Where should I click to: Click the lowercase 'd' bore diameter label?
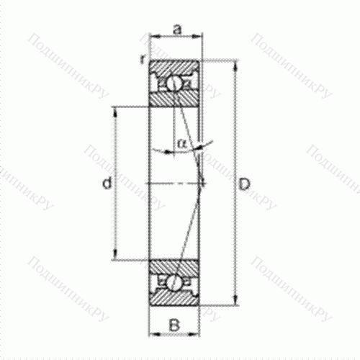(x=106, y=185)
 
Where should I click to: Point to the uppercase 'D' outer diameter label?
(x=244, y=185)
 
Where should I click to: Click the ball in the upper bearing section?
(x=175, y=84)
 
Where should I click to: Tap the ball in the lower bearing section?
(x=175, y=282)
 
